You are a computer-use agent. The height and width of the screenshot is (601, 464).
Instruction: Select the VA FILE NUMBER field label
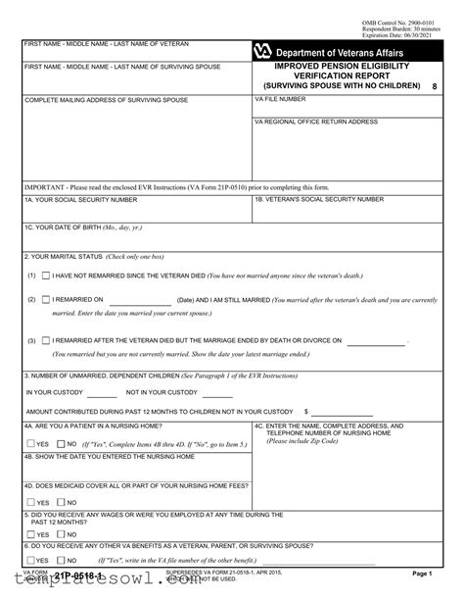[x=279, y=101]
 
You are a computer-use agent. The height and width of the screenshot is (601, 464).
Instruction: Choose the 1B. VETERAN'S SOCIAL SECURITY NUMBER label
[x=319, y=199]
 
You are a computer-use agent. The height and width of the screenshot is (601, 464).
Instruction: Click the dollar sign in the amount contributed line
[x=307, y=412]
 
